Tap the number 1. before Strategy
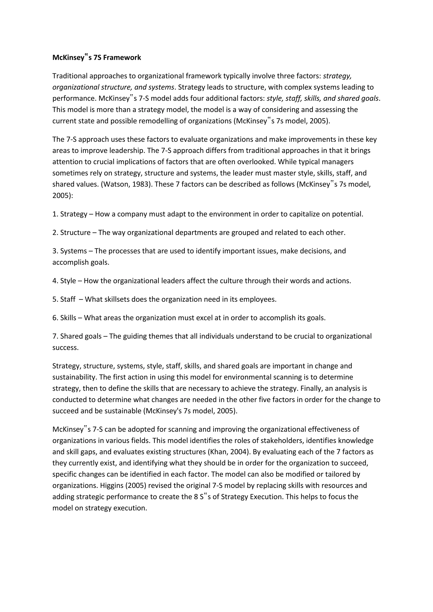55,214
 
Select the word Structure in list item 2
75,232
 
